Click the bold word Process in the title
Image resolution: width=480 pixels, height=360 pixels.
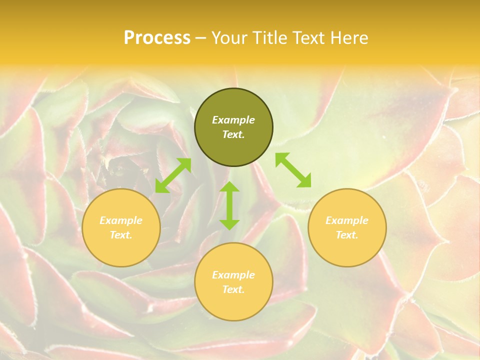(x=157, y=38)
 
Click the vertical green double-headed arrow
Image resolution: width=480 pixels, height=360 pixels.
(x=229, y=205)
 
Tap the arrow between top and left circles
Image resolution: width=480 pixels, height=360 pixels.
(x=173, y=175)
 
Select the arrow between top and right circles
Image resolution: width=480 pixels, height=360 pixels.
(x=293, y=170)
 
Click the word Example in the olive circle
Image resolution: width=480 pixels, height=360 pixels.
(x=233, y=120)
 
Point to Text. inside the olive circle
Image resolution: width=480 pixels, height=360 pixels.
(x=233, y=134)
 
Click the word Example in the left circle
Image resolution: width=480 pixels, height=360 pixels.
(x=121, y=220)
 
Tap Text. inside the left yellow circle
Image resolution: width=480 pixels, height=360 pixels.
(x=121, y=235)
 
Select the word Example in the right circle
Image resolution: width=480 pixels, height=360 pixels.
(x=347, y=220)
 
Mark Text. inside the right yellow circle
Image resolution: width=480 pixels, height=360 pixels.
(x=347, y=235)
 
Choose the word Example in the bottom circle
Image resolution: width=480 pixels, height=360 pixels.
(x=233, y=275)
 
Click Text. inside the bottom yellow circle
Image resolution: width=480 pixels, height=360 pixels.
(x=233, y=289)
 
